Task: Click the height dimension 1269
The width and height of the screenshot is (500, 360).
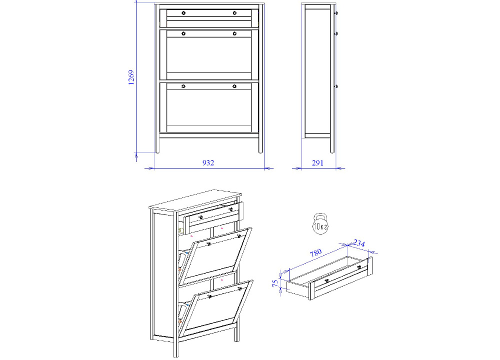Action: click(130, 77)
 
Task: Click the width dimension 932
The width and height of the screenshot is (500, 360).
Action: click(208, 163)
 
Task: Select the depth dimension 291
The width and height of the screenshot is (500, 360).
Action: click(317, 163)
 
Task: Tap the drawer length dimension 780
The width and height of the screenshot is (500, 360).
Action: click(315, 253)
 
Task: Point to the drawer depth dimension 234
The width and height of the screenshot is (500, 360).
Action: click(359, 243)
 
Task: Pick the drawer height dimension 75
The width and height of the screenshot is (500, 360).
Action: click(275, 283)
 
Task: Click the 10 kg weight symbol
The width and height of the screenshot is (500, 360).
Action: click(320, 223)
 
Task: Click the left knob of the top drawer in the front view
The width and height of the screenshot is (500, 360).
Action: click(183, 13)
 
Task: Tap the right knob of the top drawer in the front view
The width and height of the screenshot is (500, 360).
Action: click(234, 13)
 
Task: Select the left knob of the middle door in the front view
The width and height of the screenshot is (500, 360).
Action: click(183, 33)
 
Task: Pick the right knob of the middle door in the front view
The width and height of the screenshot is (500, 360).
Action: click(234, 33)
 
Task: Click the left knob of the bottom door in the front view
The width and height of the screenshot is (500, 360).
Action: click(183, 86)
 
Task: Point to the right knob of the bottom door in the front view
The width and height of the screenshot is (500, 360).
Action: click(234, 86)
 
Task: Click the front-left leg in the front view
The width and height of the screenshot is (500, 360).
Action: click(157, 145)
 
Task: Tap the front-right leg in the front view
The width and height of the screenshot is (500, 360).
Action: click(261, 145)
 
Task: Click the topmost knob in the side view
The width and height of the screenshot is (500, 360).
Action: click(336, 13)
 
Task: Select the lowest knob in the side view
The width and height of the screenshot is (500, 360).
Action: click(336, 86)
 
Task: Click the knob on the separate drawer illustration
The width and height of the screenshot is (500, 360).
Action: click(326, 281)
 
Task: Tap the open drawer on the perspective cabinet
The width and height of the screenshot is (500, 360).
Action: click(213, 217)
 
